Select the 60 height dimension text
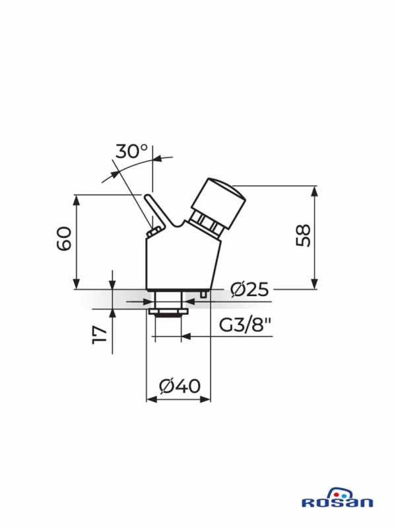64,239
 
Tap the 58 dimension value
303,235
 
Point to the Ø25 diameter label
249,290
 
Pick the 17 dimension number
100,335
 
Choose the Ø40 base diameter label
180,386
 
